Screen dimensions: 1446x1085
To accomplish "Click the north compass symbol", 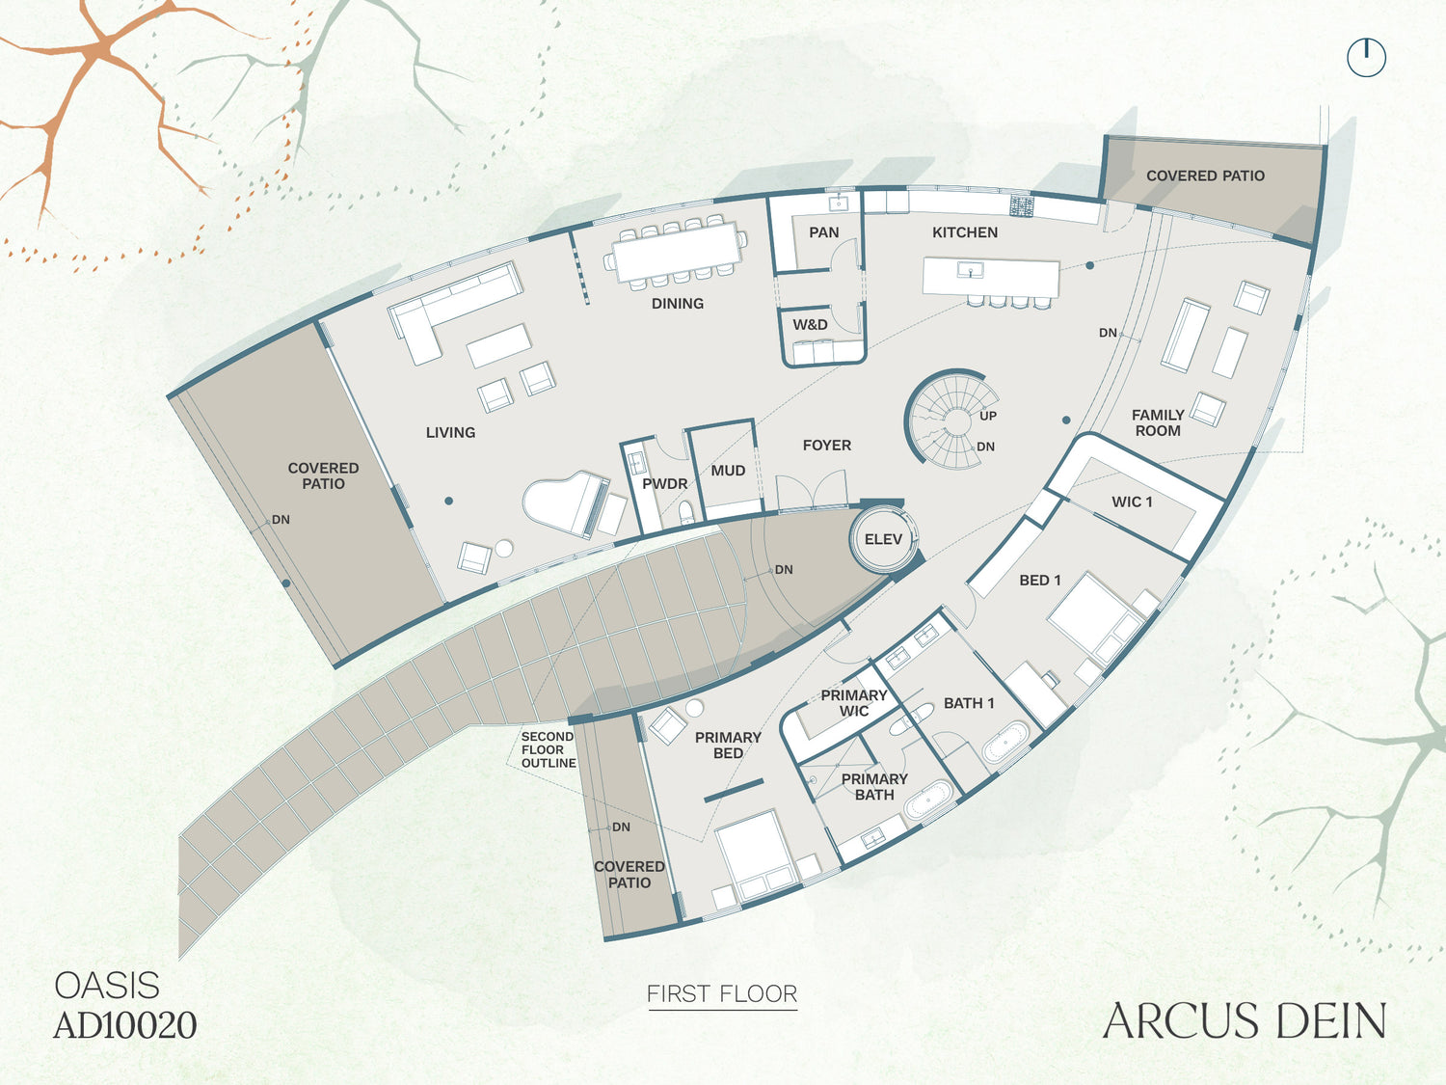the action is (x=1366, y=58).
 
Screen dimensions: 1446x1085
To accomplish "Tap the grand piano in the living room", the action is (x=567, y=502).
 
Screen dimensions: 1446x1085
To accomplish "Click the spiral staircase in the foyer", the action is (x=951, y=419).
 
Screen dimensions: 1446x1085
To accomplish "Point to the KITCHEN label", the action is (x=964, y=232).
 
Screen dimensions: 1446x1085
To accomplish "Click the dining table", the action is (x=675, y=252).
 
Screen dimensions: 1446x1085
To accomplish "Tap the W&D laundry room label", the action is (x=810, y=325).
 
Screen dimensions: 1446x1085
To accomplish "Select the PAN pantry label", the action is (x=823, y=232).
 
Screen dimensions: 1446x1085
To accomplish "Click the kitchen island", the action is (x=991, y=279).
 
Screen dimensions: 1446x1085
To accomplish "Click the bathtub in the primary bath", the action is (x=927, y=800).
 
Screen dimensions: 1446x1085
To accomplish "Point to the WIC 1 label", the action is (x=1132, y=502).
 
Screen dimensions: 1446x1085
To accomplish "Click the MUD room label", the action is (x=728, y=471).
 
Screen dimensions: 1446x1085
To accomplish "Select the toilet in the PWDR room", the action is (x=686, y=513).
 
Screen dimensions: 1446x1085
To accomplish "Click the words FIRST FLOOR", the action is (x=722, y=993).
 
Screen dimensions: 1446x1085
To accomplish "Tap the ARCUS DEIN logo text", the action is (x=1245, y=1020).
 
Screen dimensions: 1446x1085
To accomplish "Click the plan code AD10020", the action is (x=125, y=1025).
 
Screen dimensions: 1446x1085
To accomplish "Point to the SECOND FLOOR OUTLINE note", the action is (x=549, y=749).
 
